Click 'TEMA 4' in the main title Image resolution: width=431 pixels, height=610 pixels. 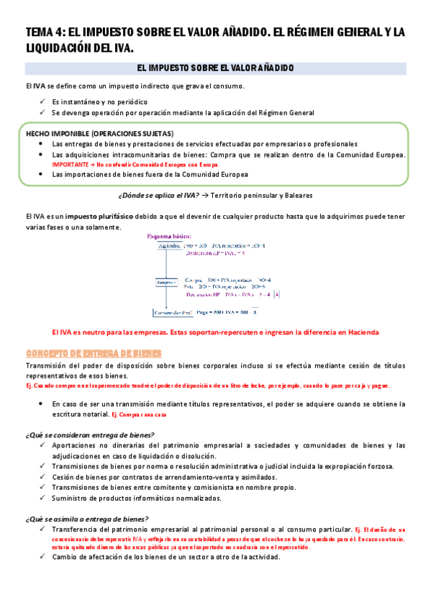[x=44, y=32]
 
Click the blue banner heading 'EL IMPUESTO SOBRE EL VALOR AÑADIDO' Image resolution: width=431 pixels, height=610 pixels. [x=215, y=68]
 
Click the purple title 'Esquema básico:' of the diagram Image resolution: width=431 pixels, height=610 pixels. [x=171, y=236]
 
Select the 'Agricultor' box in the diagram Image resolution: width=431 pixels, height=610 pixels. [x=165, y=246]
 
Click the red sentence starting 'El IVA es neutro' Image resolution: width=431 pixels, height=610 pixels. [x=215, y=332]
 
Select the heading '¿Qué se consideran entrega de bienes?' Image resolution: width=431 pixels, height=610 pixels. [x=89, y=434]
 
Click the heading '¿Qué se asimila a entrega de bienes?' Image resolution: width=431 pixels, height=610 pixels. [x=86, y=519]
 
